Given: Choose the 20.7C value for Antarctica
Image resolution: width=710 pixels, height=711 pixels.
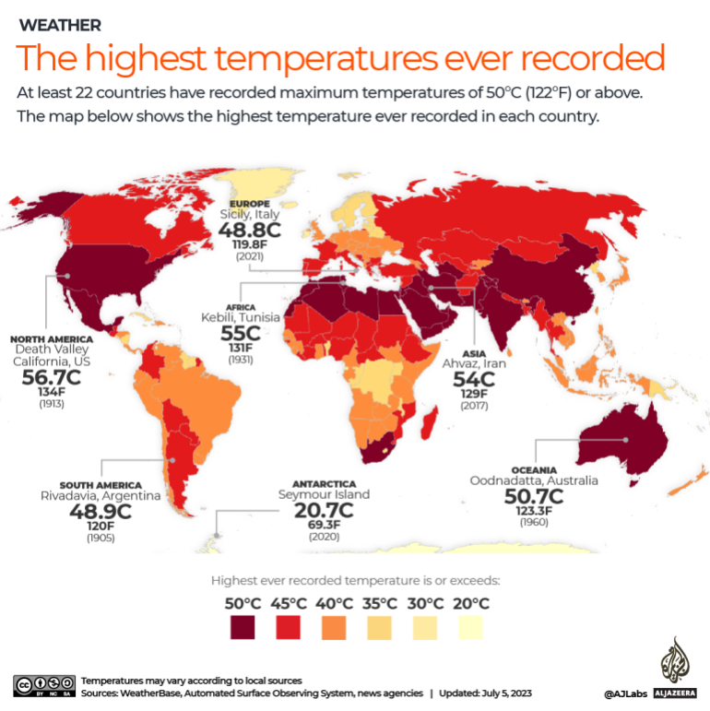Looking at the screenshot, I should (324, 510).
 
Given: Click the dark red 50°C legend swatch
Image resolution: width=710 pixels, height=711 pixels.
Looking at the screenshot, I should (243, 628).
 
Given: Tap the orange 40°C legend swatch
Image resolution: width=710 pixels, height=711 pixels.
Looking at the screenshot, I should (334, 628).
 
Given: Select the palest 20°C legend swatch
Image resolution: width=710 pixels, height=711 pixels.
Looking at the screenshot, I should (470, 628).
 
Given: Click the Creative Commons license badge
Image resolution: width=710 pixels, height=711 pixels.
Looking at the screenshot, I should (43, 685).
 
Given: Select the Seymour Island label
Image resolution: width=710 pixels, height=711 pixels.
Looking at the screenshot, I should (324, 494).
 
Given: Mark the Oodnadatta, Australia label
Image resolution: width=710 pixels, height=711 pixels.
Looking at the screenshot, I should (534, 480).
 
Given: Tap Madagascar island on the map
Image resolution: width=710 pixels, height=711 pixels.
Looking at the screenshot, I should (427, 426).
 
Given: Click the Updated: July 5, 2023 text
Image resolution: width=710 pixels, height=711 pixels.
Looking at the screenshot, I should (485, 693).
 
